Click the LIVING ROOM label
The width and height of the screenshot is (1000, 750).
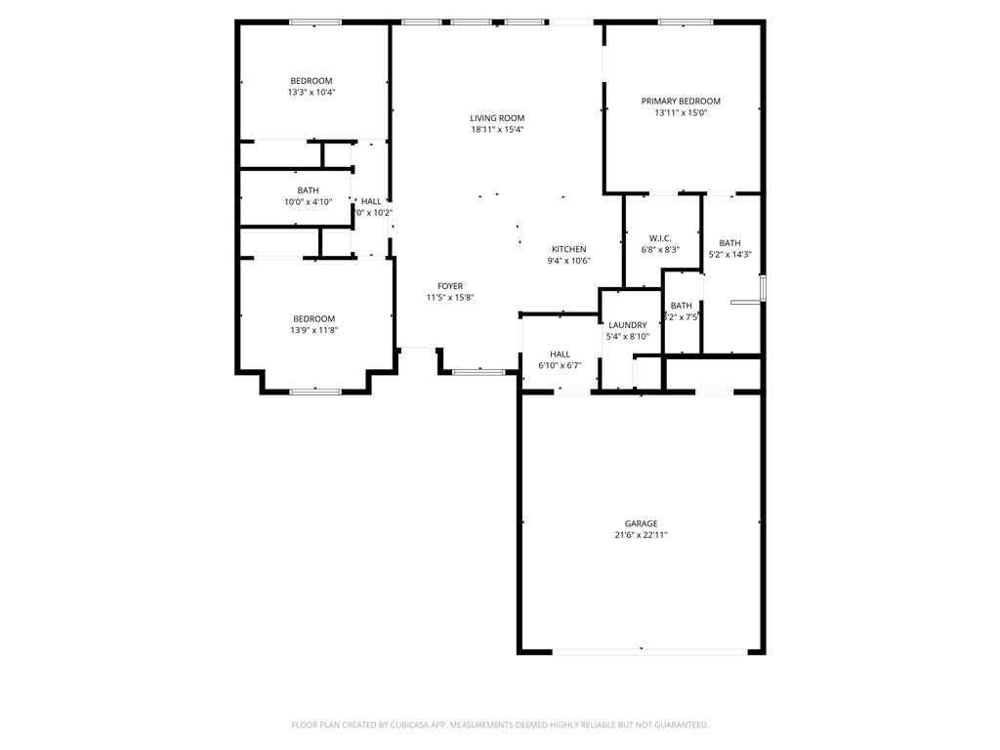(x=497, y=118)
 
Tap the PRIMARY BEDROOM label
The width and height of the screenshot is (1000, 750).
(x=681, y=102)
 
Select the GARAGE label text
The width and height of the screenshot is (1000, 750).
(x=642, y=523)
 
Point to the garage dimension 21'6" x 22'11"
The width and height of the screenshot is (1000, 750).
(x=642, y=535)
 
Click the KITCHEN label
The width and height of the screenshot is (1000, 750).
(x=568, y=249)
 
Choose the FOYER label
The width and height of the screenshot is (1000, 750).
(x=450, y=286)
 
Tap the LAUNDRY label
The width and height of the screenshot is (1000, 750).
(x=627, y=325)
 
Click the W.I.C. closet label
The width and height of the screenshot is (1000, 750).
(x=660, y=238)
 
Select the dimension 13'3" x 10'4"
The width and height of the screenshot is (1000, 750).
(x=312, y=93)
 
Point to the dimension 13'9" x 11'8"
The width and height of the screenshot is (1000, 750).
(x=314, y=331)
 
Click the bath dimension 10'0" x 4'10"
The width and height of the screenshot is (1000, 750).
(x=308, y=202)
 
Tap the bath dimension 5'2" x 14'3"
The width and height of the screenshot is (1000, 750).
(x=729, y=255)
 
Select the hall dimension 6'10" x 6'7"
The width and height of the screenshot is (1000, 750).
(x=560, y=366)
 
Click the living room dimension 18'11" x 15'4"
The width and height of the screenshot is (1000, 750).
(x=497, y=130)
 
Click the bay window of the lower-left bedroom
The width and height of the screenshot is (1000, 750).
(x=315, y=392)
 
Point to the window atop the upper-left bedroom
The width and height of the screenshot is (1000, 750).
(x=314, y=21)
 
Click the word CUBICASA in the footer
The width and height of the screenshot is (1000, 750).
(x=410, y=725)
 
